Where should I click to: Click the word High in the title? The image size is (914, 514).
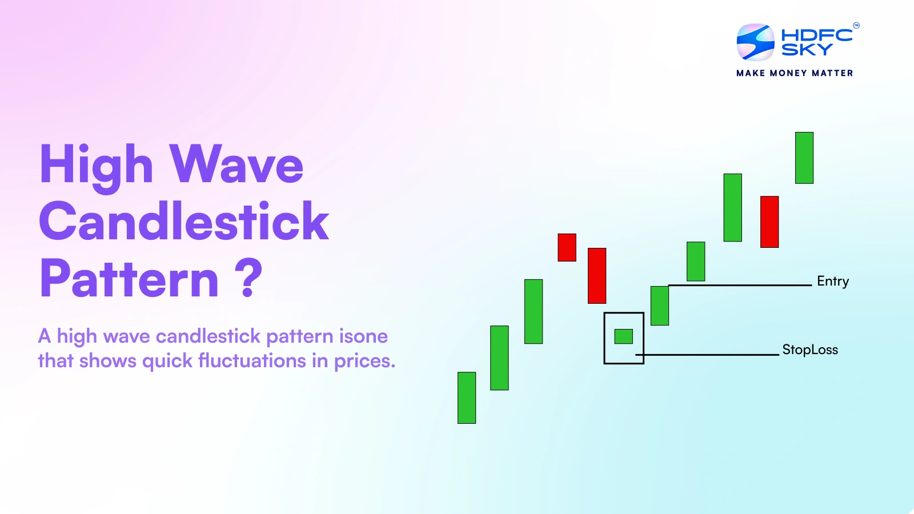click(x=97, y=165)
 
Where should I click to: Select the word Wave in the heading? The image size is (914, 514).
click(x=236, y=165)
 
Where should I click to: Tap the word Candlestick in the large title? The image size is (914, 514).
click(x=184, y=222)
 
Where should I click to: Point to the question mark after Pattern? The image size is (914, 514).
click(x=248, y=278)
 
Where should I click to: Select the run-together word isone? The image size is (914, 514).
click(x=363, y=336)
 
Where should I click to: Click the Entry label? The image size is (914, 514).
click(x=832, y=281)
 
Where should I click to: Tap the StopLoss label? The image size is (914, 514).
click(x=809, y=350)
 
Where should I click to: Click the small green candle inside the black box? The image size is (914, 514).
click(x=623, y=336)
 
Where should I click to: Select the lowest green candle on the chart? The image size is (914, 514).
click(x=467, y=397)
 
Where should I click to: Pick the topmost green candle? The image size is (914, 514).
click(x=804, y=158)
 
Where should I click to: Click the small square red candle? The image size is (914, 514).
click(x=567, y=247)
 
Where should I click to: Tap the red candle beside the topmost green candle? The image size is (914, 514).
click(x=769, y=222)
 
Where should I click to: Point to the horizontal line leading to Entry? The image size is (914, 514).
click(x=743, y=285)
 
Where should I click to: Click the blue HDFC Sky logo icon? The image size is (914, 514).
click(x=755, y=42)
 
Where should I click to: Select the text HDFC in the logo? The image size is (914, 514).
click(x=816, y=35)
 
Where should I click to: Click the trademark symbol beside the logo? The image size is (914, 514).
click(x=856, y=25)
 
